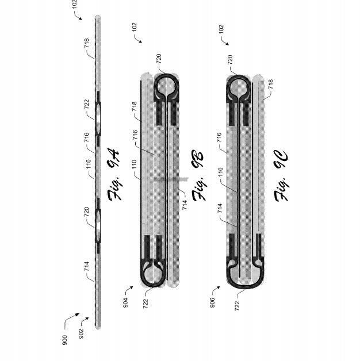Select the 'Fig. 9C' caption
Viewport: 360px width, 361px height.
click(281, 176)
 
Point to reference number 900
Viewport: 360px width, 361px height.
click(65, 340)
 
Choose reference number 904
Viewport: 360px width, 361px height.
click(125, 302)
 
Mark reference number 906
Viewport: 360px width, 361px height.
click(212, 302)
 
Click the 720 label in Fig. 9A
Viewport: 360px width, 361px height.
click(87, 212)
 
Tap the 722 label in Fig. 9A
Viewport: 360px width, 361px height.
click(87, 104)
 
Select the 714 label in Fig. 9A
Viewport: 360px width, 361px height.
click(87, 266)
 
